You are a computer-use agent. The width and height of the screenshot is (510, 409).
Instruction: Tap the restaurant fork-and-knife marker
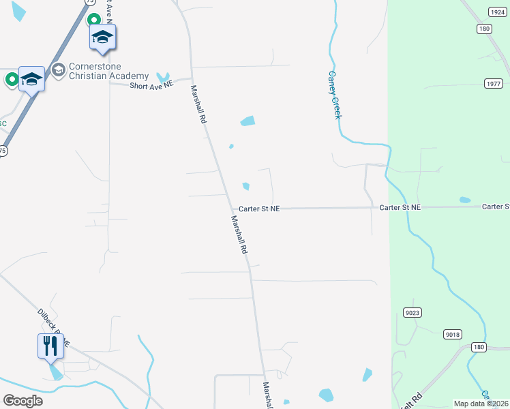tap(50, 346)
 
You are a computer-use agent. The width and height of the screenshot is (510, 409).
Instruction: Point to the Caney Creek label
tap(334, 95)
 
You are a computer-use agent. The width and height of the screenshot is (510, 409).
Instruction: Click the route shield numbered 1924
tap(497, 12)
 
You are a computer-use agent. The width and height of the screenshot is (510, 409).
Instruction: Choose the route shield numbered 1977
tap(494, 83)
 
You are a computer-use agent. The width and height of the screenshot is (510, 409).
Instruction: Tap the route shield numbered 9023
tap(412, 313)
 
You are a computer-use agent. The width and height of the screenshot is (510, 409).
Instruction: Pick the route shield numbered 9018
tap(452, 334)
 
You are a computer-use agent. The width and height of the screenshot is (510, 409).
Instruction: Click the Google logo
tap(22, 401)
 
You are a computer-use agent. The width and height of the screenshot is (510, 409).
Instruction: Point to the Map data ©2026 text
tap(481, 404)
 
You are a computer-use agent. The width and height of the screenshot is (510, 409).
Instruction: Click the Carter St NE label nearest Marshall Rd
tap(259, 209)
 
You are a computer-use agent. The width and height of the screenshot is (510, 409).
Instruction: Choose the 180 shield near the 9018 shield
tap(479, 348)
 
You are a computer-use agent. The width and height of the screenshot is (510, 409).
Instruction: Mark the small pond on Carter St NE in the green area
tap(465, 200)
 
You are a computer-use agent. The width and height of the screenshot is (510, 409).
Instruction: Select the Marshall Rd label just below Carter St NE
tap(239, 235)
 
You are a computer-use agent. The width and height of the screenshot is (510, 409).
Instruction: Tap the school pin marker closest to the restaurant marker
tap(31, 80)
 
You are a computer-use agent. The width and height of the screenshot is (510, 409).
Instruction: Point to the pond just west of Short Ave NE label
tap(163, 77)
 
